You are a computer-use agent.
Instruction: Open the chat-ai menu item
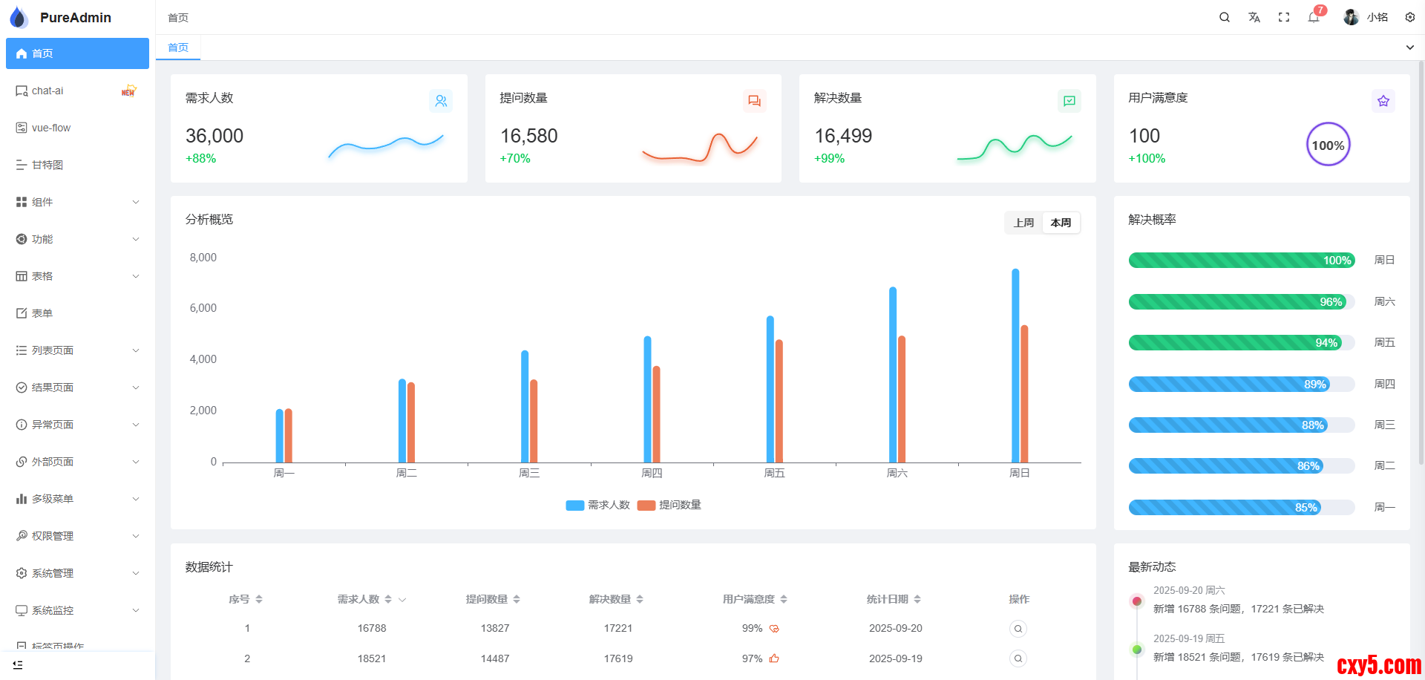point(47,91)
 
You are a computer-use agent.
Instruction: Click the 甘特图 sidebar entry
point(47,165)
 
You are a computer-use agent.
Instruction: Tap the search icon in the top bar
point(1225,17)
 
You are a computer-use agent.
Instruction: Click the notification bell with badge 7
point(1314,17)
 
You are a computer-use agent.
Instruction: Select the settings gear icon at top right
point(1410,17)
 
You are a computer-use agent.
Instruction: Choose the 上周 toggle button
point(1024,223)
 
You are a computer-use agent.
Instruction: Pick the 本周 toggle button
point(1061,223)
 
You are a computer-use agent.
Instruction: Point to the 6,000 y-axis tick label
point(203,308)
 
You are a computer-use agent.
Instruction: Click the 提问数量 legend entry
point(669,505)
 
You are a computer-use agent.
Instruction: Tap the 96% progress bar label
point(1331,302)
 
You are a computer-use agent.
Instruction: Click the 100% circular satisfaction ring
point(1328,145)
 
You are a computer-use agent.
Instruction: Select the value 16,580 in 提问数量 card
point(529,136)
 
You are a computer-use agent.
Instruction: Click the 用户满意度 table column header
point(749,599)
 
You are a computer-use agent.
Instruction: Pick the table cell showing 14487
point(495,658)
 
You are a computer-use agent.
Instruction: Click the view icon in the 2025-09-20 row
point(1018,629)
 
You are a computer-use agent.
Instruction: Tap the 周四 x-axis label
point(652,473)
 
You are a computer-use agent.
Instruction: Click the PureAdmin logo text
point(76,17)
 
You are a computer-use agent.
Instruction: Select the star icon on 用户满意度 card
point(1383,101)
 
